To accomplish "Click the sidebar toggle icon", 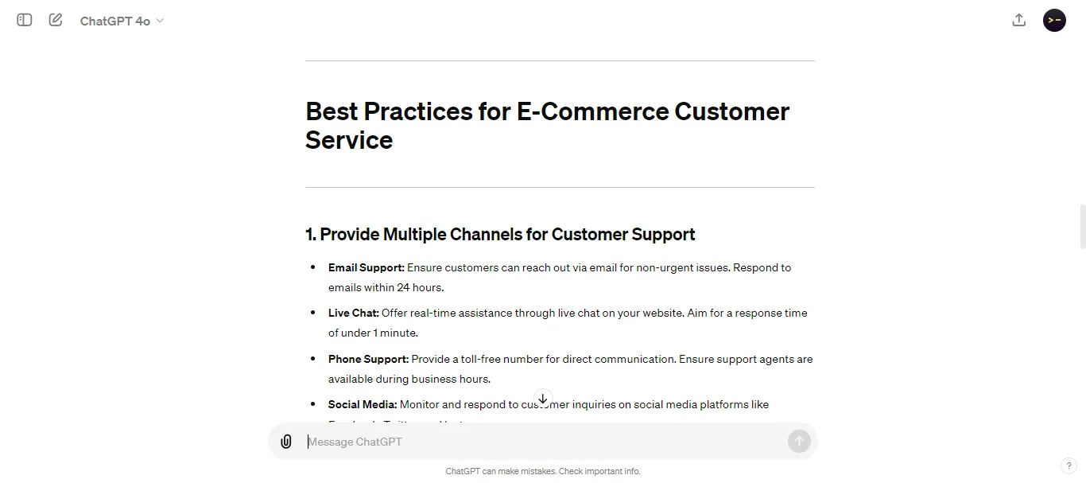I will tap(25, 20).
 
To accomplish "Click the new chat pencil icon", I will tap(56, 20).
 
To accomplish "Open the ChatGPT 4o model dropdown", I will tap(122, 21).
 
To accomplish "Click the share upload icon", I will tap(1018, 21).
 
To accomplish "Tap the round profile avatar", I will tap(1054, 21).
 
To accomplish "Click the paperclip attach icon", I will tap(286, 442).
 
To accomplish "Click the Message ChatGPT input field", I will tap(541, 442).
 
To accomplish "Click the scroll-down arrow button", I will tap(543, 399).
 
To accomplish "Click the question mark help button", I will tap(1069, 465).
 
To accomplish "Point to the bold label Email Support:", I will tap(366, 268).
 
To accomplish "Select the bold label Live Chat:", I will tap(353, 314).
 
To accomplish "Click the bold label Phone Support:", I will tap(368, 360).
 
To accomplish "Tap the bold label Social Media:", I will tap(362, 405).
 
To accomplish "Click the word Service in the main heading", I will tap(349, 140).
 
